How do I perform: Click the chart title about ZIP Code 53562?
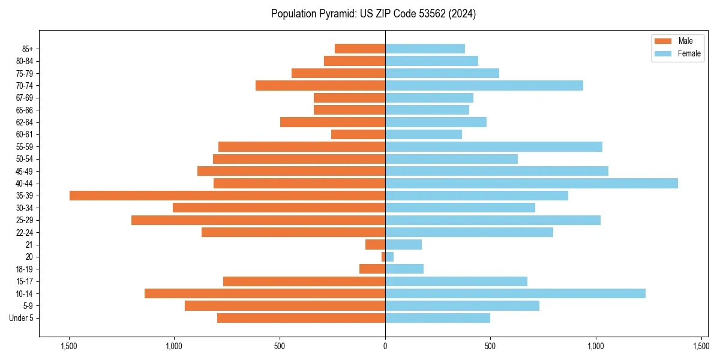tap(373, 14)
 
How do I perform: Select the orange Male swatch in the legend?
tap(663, 41)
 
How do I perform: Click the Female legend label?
tap(689, 53)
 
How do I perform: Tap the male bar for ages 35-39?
tap(227, 196)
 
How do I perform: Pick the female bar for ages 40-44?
tap(532, 183)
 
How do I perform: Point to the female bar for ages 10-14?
tap(515, 293)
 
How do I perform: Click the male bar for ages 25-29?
tap(258, 220)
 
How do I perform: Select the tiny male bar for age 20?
tap(383, 257)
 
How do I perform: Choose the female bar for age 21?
tap(403, 244)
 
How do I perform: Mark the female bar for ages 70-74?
tap(484, 85)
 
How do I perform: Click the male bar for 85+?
tap(360, 49)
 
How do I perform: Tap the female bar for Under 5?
tap(437, 318)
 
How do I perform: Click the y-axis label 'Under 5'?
tap(22, 318)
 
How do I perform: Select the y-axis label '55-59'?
tap(25, 146)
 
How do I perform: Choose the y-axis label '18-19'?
tap(25, 269)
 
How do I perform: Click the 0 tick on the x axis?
tap(385, 346)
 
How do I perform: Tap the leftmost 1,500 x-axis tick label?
tap(69, 346)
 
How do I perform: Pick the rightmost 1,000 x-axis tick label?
tap(596, 346)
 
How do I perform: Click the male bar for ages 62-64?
tap(332, 122)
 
